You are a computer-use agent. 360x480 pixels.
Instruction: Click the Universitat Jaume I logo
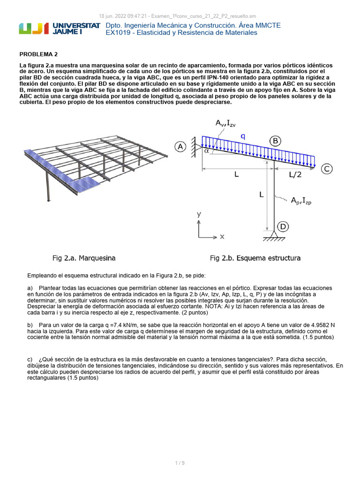pos(59,29)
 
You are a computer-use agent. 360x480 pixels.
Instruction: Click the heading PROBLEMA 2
pos(38,54)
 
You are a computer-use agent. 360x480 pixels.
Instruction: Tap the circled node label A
pos(180,147)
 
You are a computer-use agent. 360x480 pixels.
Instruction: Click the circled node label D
pos(283,227)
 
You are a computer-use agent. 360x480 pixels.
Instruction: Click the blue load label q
pos(243,136)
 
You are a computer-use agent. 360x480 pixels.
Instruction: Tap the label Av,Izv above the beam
pos(226,123)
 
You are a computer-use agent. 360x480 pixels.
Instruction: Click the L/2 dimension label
pos(295,174)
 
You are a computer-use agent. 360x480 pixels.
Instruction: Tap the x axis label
pos(222,237)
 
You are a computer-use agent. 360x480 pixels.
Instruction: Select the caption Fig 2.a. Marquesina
pos(83,258)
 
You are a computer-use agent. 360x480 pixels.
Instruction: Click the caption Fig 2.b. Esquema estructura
pos(255,258)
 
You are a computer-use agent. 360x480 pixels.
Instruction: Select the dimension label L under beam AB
pos(236,174)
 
